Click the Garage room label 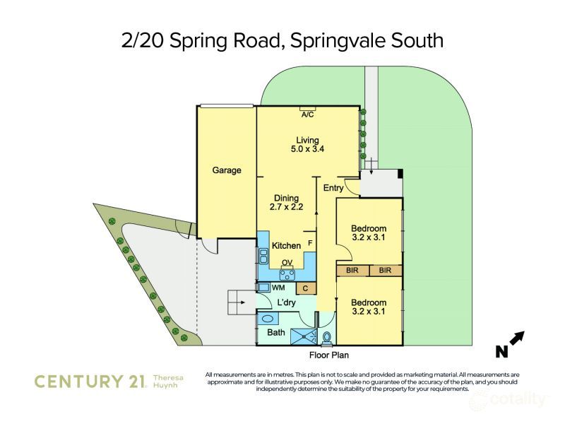pos(227,170)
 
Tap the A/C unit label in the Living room pos(307,114)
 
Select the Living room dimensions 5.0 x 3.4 pos(307,149)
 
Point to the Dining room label pos(287,198)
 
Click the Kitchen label pos(286,245)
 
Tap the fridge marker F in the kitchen pos(310,244)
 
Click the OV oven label pos(287,262)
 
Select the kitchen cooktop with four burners pos(287,275)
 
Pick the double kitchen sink pos(263,256)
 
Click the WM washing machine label pos(278,288)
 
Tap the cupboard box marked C pos(306,288)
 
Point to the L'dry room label pos(286,302)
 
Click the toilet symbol pos(327,338)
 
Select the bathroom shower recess pos(304,336)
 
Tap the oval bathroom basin pos(268,319)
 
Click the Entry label pos(333,188)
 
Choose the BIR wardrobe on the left pos(352,271)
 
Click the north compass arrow pos(517,338)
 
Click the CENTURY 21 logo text pos(90,382)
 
